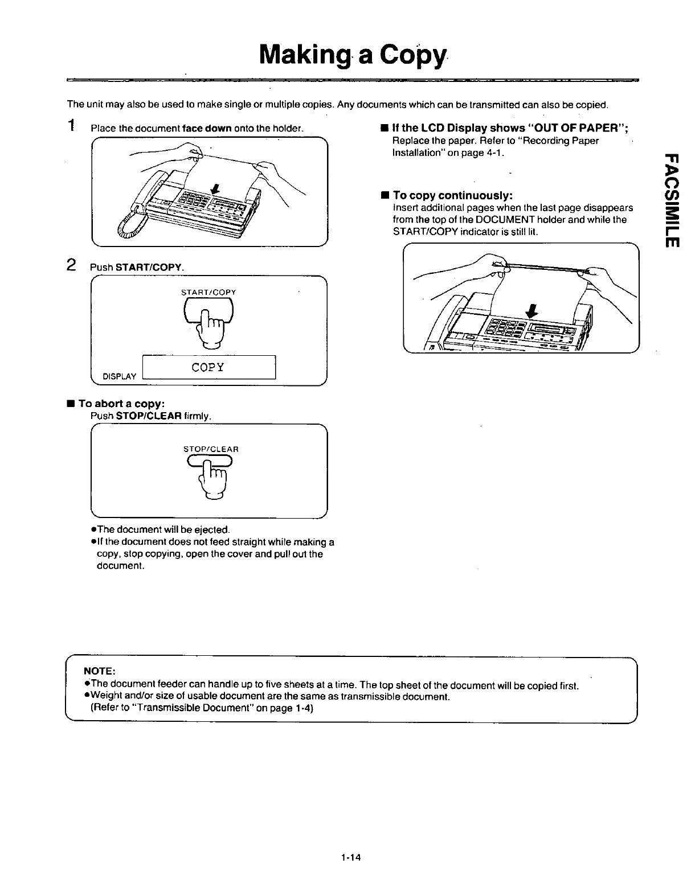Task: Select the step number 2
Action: click(x=71, y=265)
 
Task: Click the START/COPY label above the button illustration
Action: click(x=208, y=292)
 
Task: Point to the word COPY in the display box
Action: click(x=208, y=367)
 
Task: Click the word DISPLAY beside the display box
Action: click(x=119, y=376)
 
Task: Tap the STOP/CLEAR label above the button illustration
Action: click(x=211, y=449)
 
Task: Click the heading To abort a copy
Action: click(x=121, y=404)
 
